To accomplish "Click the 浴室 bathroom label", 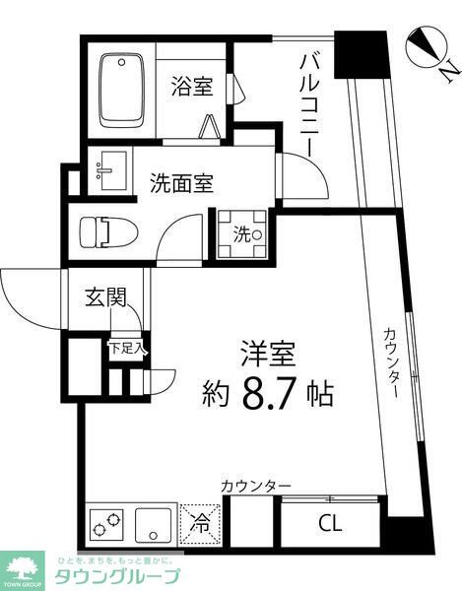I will point(191,87).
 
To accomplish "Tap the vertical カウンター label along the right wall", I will point(390,361).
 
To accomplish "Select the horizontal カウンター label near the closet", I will point(256,486).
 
